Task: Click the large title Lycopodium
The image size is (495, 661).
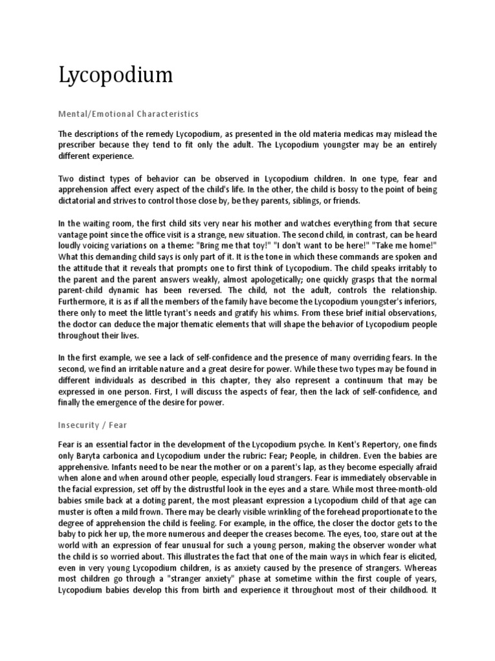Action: pos(116,76)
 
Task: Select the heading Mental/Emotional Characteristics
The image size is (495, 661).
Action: pos(128,114)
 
